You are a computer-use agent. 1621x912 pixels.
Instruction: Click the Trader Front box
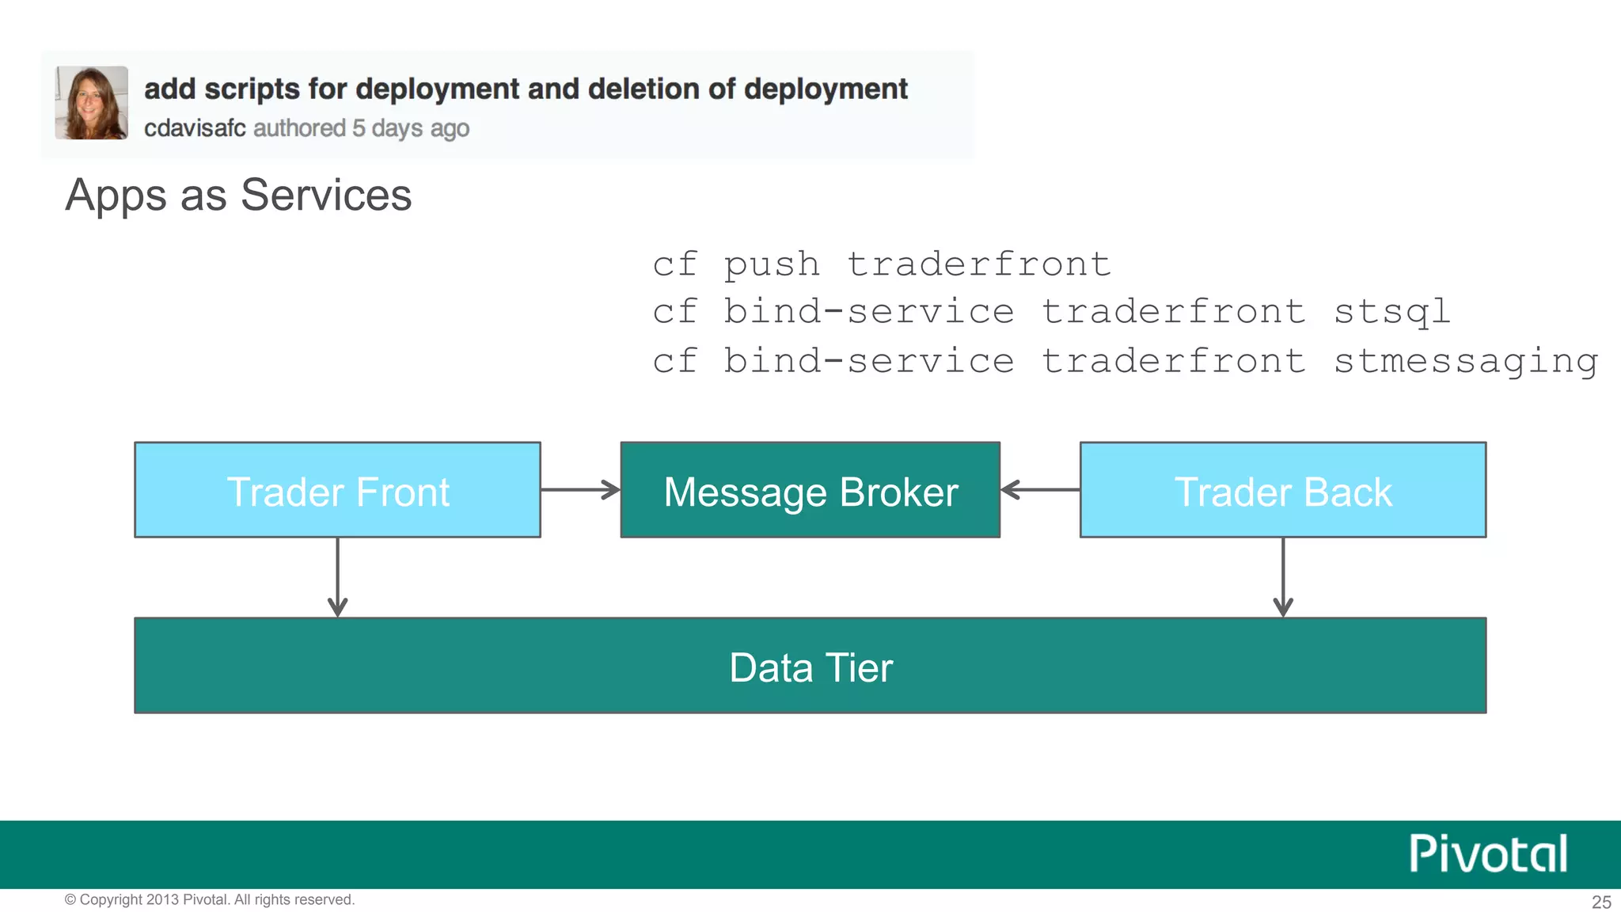pyautogui.click(x=337, y=490)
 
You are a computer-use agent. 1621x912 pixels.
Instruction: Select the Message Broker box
pyautogui.click(x=810, y=490)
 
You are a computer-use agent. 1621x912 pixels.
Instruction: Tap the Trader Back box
pyautogui.click(x=1282, y=490)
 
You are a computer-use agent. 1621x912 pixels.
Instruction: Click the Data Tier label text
pyautogui.click(x=810, y=667)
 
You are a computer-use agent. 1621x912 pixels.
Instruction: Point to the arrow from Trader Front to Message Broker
pyautogui.click(x=580, y=490)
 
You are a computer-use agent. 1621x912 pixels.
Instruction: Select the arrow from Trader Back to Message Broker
pyautogui.click(x=1040, y=490)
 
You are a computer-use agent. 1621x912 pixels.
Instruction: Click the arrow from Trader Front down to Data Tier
pyautogui.click(x=337, y=577)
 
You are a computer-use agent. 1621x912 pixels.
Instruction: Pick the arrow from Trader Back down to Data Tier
pyautogui.click(x=1282, y=577)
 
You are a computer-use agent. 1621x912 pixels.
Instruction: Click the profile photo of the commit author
pyautogui.click(x=91, y=103)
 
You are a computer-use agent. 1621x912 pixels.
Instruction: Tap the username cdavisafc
pyautogui.click(x=195, y=128)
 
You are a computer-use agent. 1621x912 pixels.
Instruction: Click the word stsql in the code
pyautogui.click(x=1391, y=312)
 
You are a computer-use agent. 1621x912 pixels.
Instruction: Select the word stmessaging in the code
pyautogui.click(x=1465, y=361)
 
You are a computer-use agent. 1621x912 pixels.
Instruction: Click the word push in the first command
pyautogui.click(x=772, y=264)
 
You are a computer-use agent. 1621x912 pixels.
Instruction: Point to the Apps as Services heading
pyautogui.click(x=238, y=195)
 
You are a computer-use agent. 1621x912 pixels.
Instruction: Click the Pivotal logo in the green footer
pyautogui.click(x=1487, y=854)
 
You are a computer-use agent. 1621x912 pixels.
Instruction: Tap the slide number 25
pyautogui.click(x=1601, y=902)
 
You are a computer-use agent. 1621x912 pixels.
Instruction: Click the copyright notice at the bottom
pyautogui.click(x=210, y=899)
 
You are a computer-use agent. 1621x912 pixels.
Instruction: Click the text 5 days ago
pyautogui.click(x=411, y=128)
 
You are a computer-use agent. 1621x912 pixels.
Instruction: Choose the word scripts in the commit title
pyautogui.click(x=252, y=89)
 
